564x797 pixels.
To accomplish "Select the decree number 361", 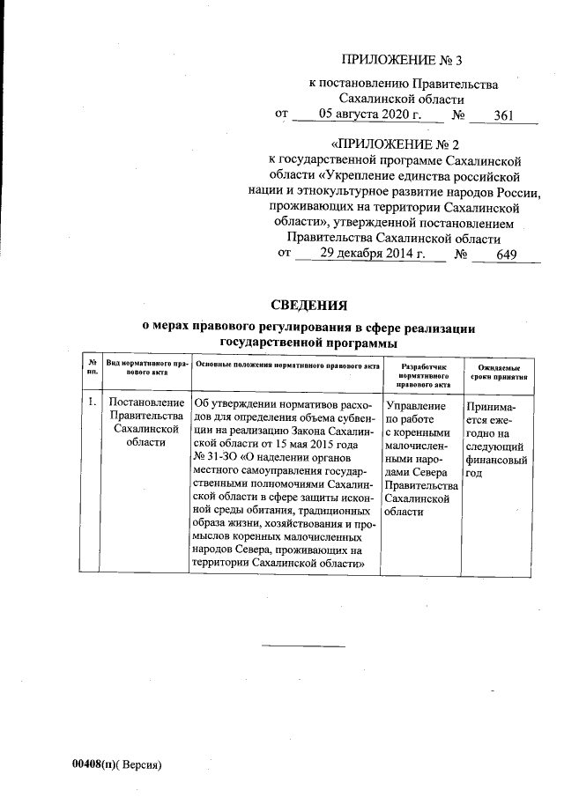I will [503, 114].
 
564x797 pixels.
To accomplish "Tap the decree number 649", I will [506, 254].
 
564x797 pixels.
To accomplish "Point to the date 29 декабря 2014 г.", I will [371, 254].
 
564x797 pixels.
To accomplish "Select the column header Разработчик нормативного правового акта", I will [424, 374].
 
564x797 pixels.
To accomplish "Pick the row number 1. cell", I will [93, 403].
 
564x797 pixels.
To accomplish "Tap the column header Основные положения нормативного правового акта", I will [286, 365].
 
